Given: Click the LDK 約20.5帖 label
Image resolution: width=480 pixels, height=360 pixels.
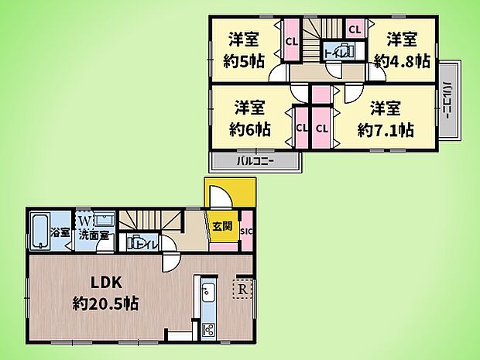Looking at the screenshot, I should pos(107,293).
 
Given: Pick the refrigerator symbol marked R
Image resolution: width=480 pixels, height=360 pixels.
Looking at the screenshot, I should pos(243,288).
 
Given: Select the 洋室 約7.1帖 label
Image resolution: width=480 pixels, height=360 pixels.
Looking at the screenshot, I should pos(385,118).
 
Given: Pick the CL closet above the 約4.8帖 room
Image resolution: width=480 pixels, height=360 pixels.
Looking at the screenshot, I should pos(355,29).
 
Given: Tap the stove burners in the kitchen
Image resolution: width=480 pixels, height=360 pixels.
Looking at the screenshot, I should pos(207,329).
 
